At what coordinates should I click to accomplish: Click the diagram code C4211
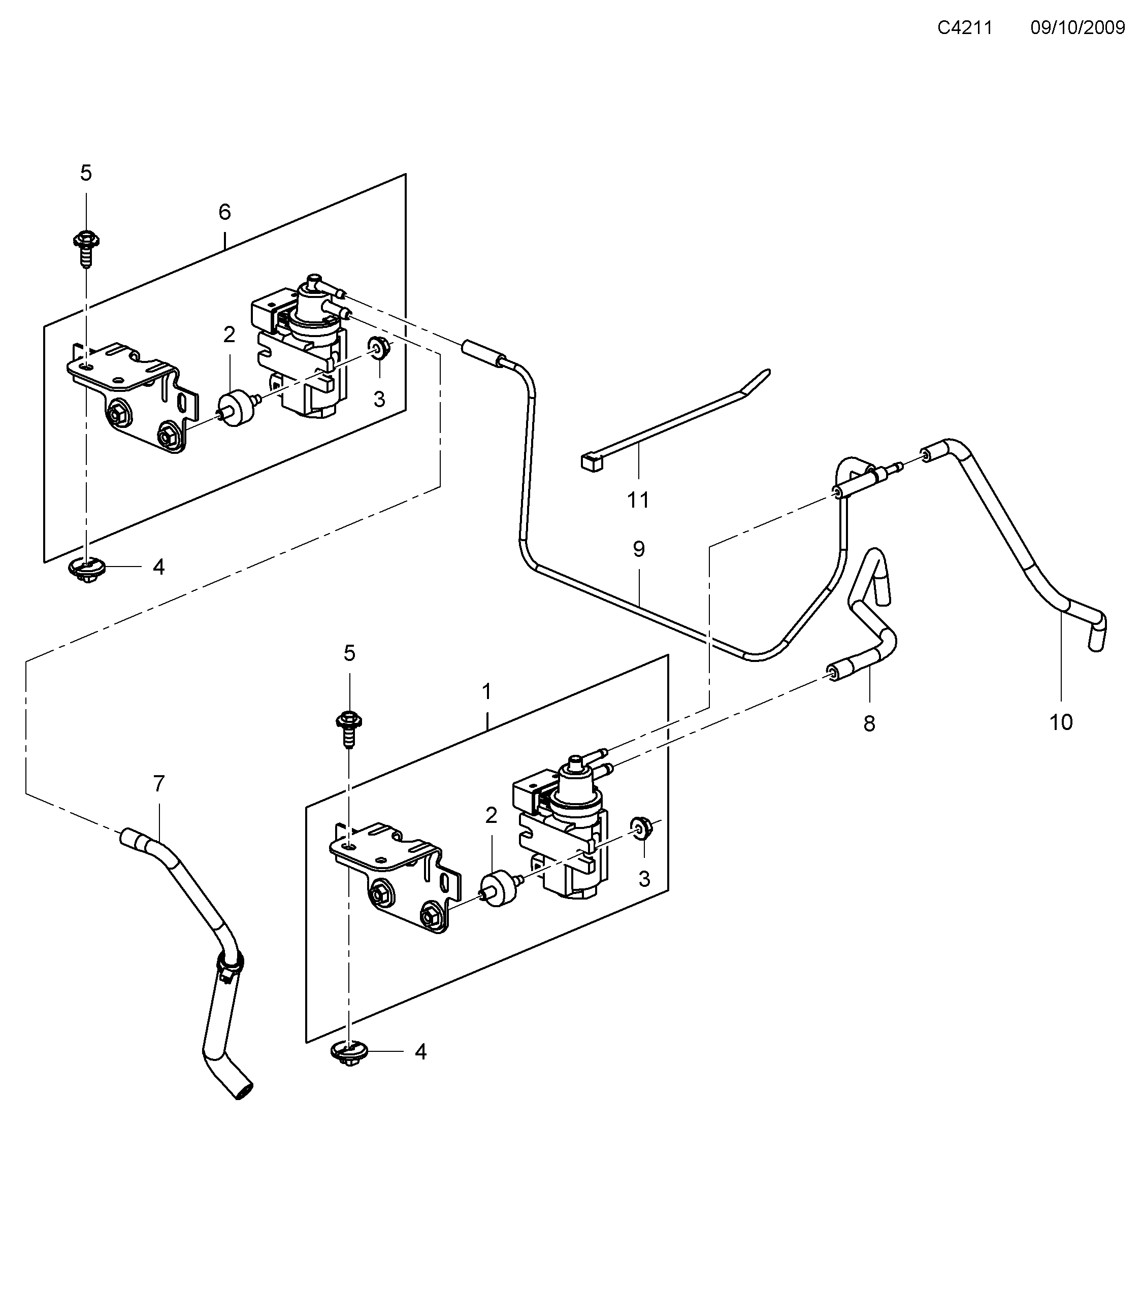[964, 28]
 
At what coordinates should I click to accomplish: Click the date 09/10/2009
[1077, 28]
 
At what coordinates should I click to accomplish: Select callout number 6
[224, 212]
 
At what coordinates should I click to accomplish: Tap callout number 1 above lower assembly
[486, 692]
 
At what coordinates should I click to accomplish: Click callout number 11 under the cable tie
[638, 501]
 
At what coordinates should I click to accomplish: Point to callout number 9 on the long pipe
[639, 549]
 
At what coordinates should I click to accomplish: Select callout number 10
[1061, 722]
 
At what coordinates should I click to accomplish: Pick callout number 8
[869, 723]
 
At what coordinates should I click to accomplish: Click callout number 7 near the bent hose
[158, 784]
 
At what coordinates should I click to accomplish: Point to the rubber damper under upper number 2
[236, 409]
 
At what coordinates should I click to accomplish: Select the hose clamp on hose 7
[230, 981]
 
